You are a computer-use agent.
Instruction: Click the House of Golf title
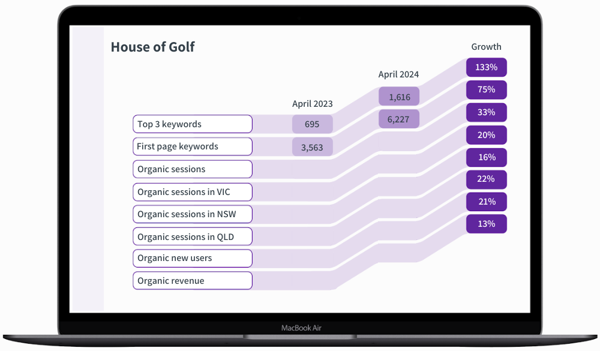tap(152, 47)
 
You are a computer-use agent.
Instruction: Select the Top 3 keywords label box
tap(192, 124)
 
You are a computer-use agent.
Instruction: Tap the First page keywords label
tap(192, 146)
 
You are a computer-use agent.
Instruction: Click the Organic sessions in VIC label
tap(192, 192)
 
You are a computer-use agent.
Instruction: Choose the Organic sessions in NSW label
tap(192, 214)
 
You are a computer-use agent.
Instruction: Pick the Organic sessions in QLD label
tap(192, 236)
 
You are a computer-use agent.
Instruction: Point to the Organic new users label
tap(192, 259)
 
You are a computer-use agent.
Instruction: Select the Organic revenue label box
tap(192, 281)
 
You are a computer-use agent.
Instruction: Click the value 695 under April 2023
tap(312, 124)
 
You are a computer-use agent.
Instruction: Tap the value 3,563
tap(312, 147)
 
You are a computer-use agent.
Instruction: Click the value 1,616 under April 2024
tap(399, 97)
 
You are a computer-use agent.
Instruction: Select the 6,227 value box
tap(399, 119)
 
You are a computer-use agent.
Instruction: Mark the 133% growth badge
tap(487, 67)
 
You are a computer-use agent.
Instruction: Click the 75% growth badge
tap(487, 89)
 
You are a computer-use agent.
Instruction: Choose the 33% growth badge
tap(487, 112)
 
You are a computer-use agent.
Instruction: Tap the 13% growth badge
tap(487, 224)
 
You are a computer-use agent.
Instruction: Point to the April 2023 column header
tap(312, 104)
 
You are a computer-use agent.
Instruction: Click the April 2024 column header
tap(398, 74)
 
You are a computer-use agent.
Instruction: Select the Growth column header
tap(486, 47)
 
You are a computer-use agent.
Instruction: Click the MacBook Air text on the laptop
tap(301, 328)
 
